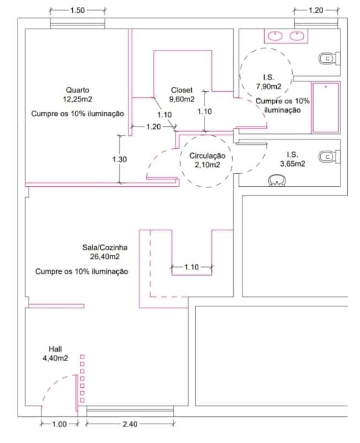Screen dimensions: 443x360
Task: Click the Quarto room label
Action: click(x=77, y=90)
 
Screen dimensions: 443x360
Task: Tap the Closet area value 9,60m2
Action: click(x=182, y=100)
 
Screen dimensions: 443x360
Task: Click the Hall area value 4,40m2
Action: click(x=55, y=358)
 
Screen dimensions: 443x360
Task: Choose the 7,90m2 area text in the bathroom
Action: click(x=268, y=86)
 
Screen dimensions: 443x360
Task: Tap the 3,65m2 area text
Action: click(x=292, y=164)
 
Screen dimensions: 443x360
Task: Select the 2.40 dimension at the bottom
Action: click(x=130, y=424)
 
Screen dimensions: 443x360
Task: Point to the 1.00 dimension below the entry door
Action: click(x=60, y=424)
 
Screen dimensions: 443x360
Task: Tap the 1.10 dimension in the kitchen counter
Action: click(x=191, y=267)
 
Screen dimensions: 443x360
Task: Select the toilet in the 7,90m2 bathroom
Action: click(x=329, y=57)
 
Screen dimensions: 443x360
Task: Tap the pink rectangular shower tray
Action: click(x=326, y=107)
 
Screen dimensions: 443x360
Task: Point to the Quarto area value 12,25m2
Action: click(x=77, y=99)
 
